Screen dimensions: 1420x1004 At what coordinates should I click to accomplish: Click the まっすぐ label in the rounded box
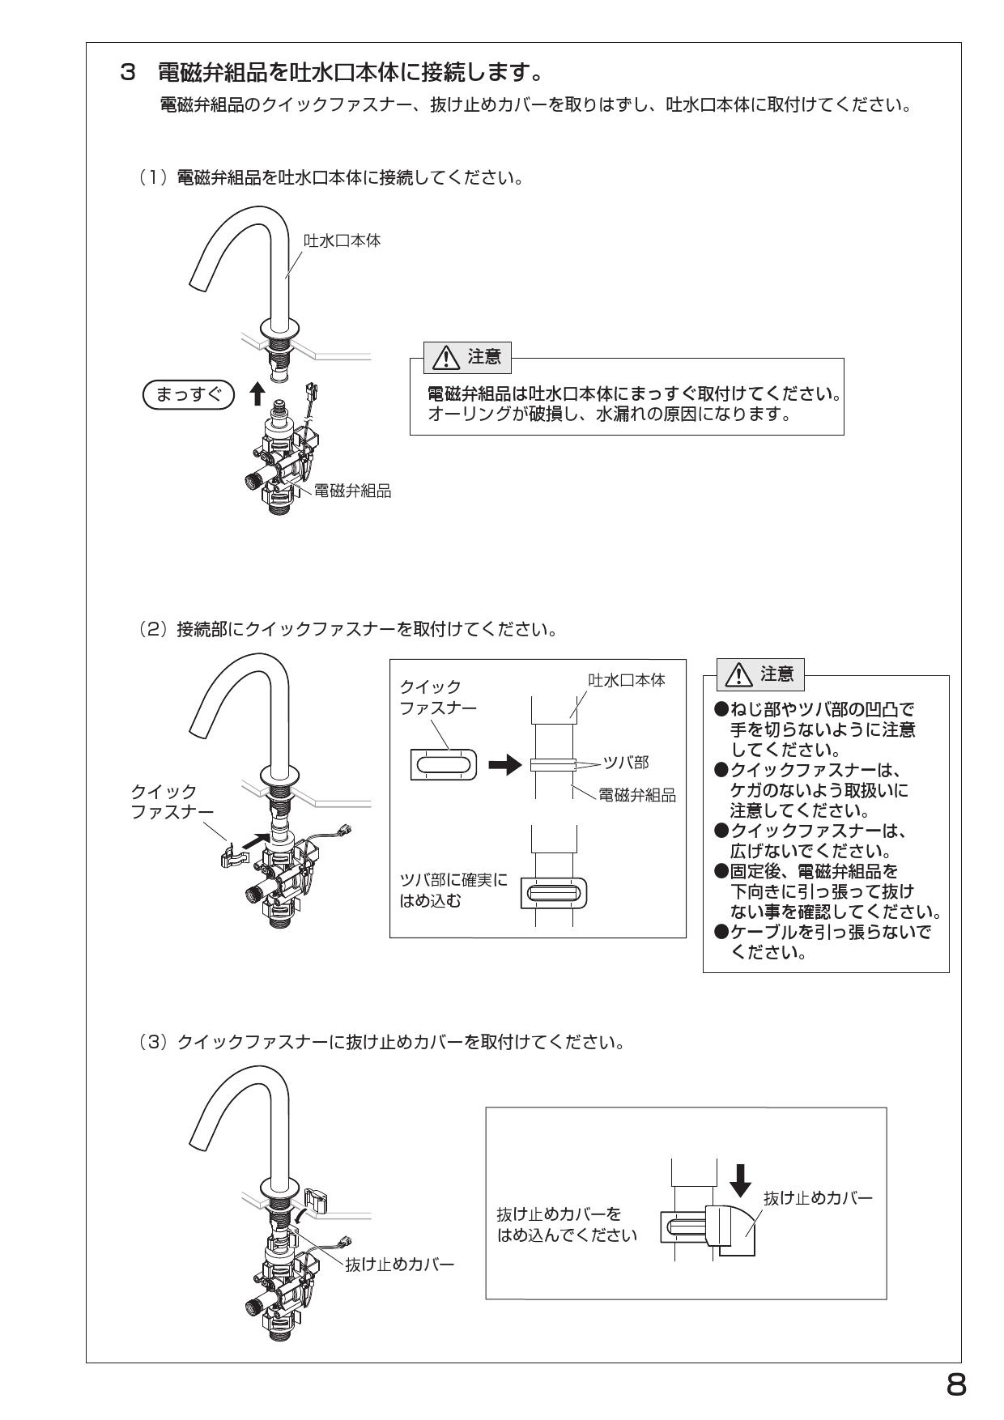(188, 394)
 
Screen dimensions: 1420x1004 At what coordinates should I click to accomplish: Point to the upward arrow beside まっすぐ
(257, 393)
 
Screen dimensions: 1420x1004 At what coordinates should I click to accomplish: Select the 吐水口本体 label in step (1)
(342, 240)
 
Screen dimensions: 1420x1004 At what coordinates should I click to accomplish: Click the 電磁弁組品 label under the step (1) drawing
(352, 491)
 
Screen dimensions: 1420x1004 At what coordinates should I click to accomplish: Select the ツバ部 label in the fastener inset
(626, 763)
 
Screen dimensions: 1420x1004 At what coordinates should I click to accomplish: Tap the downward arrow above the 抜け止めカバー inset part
(740, 1182)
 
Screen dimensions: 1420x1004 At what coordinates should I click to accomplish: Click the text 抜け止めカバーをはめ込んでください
(565, 1225)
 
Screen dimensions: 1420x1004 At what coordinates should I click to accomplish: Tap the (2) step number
(151, 628)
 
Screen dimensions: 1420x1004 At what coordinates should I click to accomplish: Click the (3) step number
(151, 1041)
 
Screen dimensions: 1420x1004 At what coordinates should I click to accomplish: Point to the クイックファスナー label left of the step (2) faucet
(171, 801)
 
